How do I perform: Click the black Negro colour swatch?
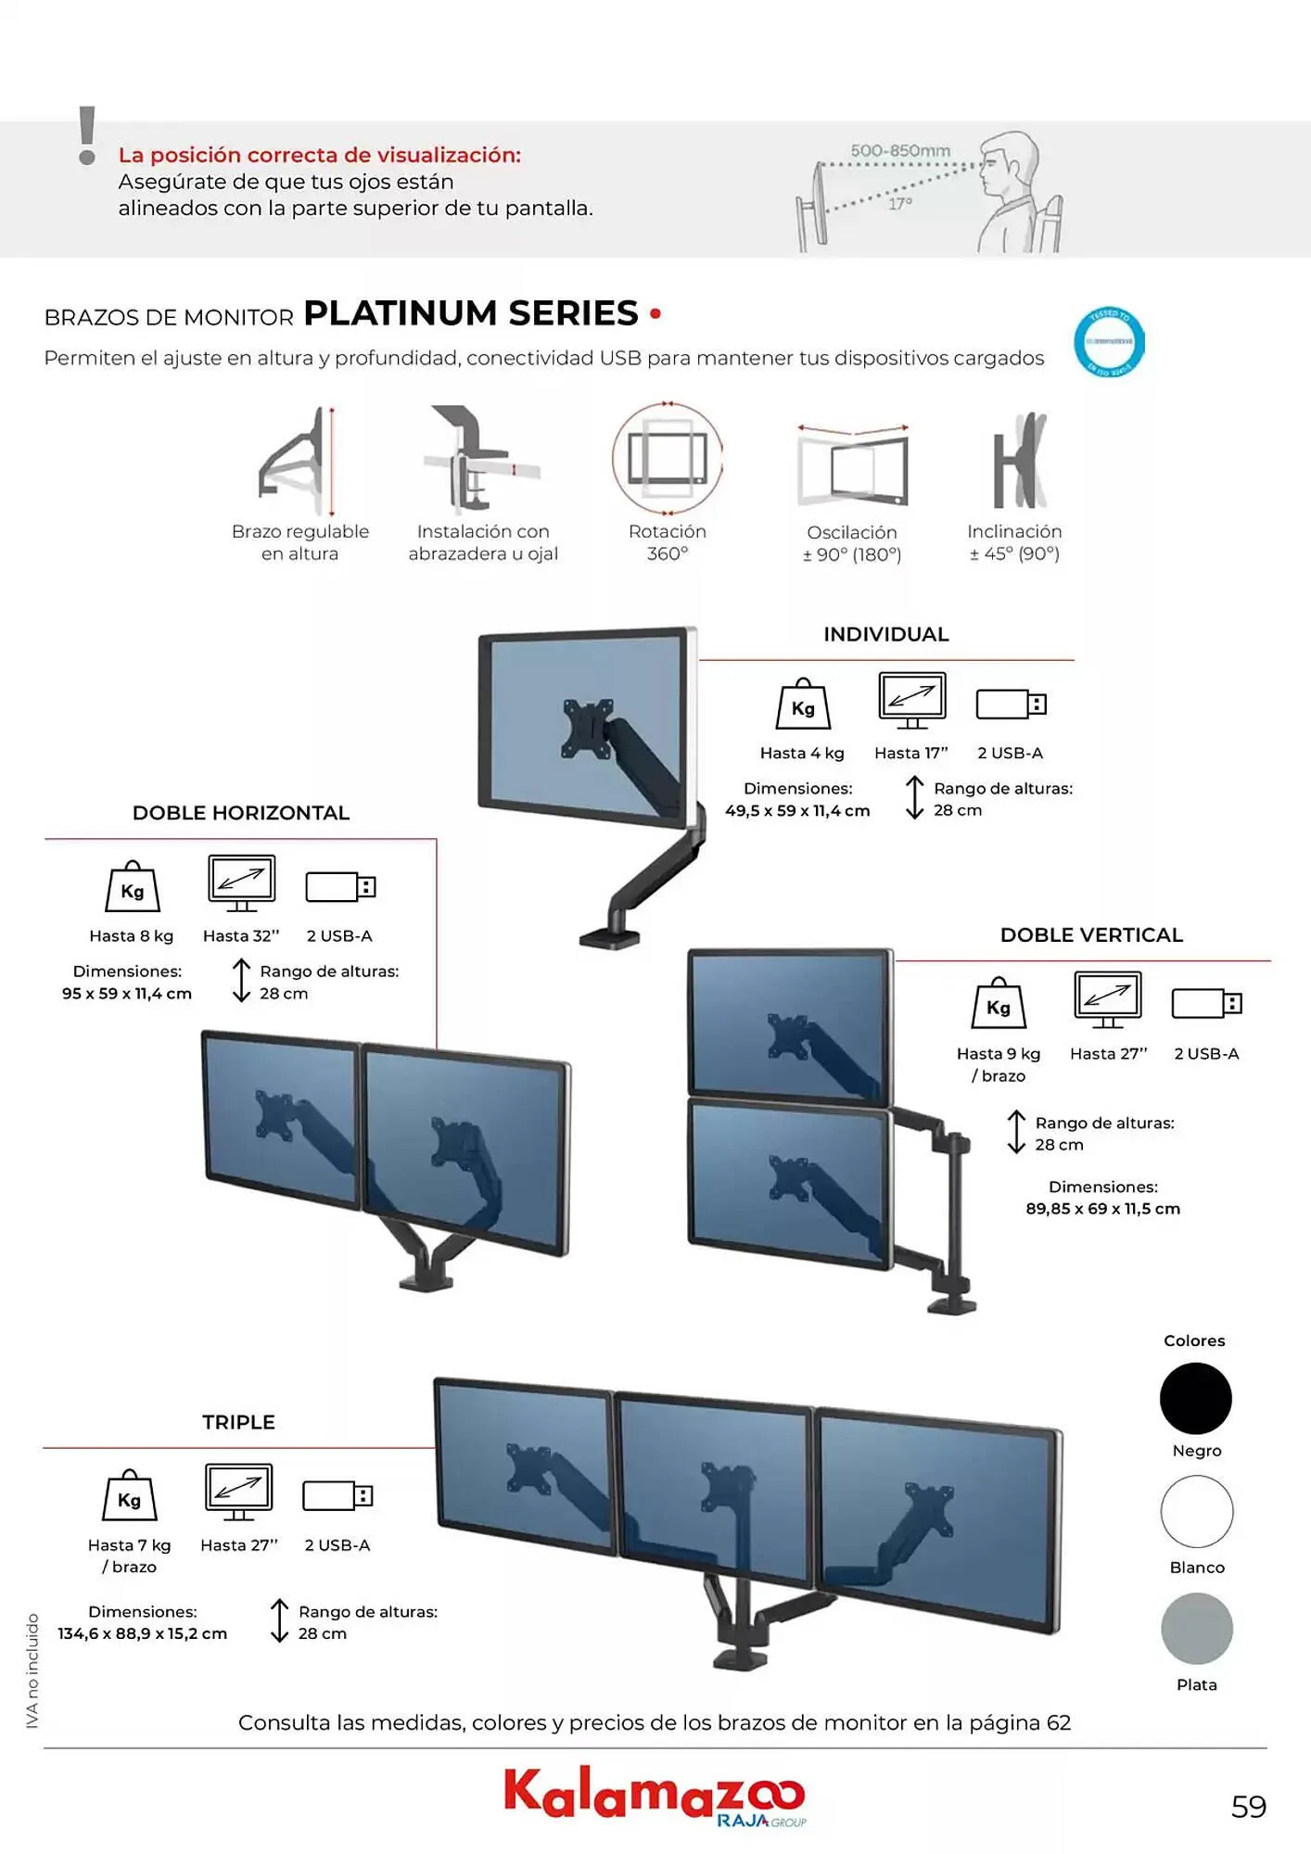(x=1195, y=1398)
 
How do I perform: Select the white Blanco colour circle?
(x=1196, y=1512)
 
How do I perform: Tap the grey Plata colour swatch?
(x=1196, y=1629)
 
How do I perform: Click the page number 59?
(x=1248, y=1807)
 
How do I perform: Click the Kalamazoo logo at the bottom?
(x=654, y=1796)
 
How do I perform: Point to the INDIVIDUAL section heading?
(x=885, y=635)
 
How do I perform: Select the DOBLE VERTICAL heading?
(x=1091, y=935)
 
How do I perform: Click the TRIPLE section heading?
(x=238, y=1422)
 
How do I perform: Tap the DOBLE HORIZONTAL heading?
(x=241, y=813)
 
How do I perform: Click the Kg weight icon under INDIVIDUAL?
(x=803, y=705)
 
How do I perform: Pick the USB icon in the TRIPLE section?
(x=337, y=1495)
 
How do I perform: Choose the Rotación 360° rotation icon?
(x=667, y=459)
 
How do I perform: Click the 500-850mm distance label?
(x=900, y=151)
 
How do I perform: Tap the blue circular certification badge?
(x=1109, y=342)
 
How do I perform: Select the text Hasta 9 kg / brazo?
(x=999, y=1064)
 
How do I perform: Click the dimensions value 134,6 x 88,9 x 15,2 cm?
(x=142, y=1633)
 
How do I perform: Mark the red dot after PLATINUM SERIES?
(x=655, y=314)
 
